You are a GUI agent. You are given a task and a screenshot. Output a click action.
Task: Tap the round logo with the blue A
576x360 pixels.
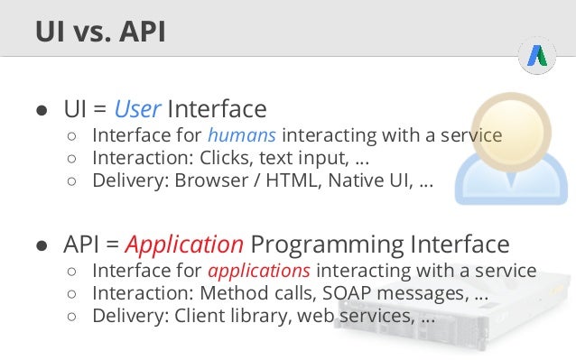click(536, 57)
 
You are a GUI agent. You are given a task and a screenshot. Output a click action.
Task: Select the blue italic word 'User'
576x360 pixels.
click(137, 110)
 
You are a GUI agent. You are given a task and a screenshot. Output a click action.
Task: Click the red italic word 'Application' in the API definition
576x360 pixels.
click(184, 245)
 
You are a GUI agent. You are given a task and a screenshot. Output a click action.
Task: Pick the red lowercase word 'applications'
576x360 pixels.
click(259, 272)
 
